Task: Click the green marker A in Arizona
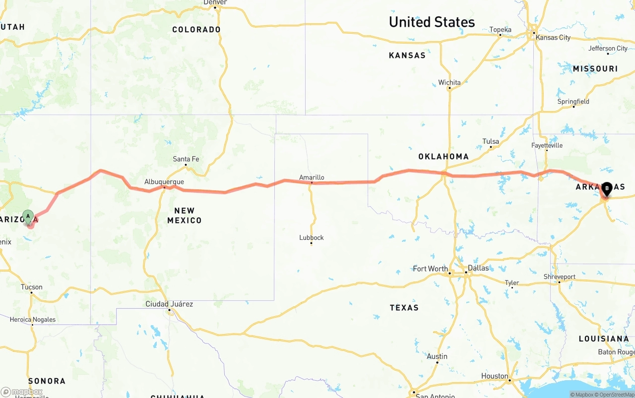coord(28,217)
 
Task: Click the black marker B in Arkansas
coord(607,188)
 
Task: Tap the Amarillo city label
coord(312,177)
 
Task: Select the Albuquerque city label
coord(164,182)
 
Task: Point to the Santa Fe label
coord(186,159)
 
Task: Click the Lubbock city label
coord(311,237)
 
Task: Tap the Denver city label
coord(215,2)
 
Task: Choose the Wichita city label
coord(449,82)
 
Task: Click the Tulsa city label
coord(491,141)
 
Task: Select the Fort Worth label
coord(430,269)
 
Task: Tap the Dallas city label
coord(478,268)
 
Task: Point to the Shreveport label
coord(559,277)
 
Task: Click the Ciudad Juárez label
coord(169,304)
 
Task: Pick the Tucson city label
coord(31,287)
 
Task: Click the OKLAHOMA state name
coord(443,157)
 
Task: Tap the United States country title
coord(432,22)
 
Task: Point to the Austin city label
coord(437,356)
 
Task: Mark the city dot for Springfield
coord(573,107)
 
